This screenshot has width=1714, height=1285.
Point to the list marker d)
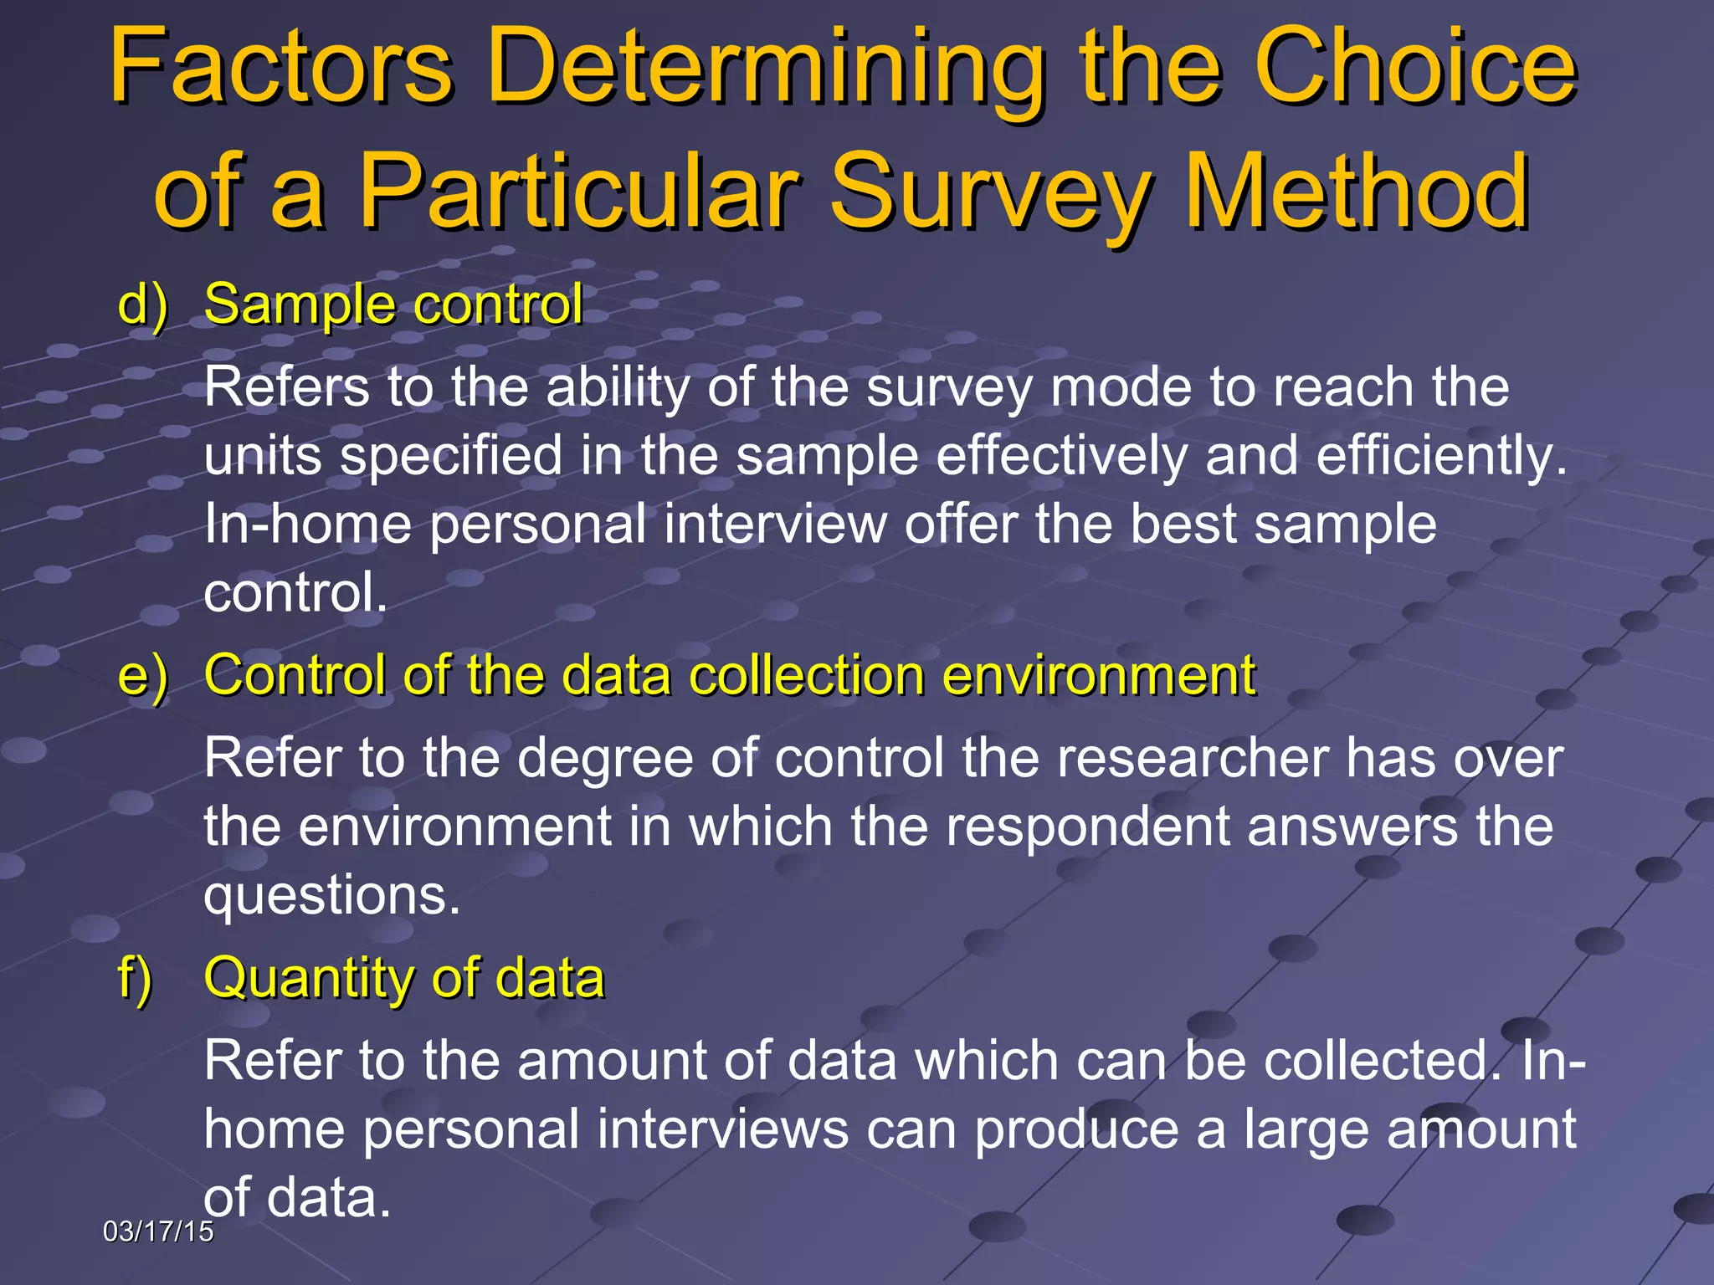143,305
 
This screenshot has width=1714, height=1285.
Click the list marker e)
143,676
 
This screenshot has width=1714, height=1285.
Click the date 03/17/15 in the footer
158,1231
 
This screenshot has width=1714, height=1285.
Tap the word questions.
332,895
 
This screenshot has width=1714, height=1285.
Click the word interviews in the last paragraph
723,1129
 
